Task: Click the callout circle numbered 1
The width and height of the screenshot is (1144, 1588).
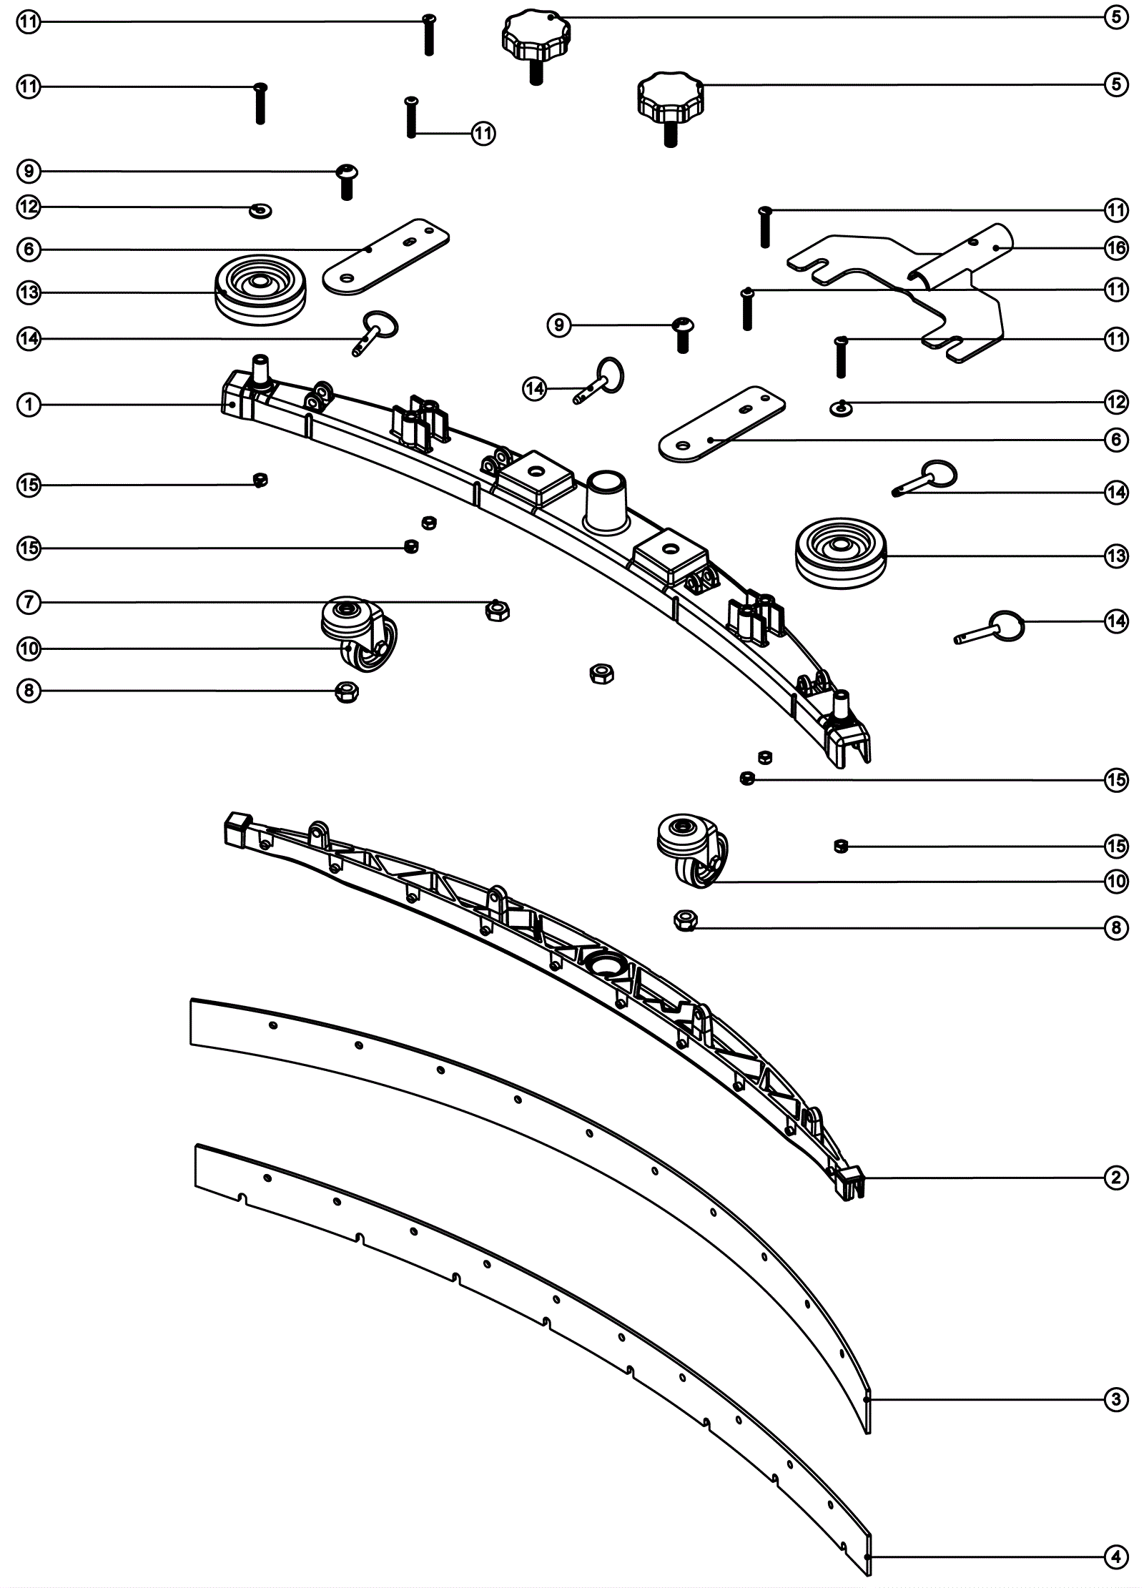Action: click(x=29, y=405)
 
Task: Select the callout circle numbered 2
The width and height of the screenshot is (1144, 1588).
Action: click(x=1116, y=1178)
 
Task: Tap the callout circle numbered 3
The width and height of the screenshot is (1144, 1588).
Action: click(x=1116, y=1400)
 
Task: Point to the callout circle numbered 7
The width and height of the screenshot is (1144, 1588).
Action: click(x=29, y=602)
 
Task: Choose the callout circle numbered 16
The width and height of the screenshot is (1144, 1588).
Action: click(x=1116, y=248)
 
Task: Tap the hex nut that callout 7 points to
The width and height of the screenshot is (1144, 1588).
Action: click(x=496, y=610)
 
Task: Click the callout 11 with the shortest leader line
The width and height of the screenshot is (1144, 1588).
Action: click(x=483, y=133)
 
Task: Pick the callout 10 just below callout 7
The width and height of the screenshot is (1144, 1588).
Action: click(x=29, y=648)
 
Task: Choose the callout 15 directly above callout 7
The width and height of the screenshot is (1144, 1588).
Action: click(x=29, y=548)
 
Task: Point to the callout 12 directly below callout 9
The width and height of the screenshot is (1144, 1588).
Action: click(x=29, y=207)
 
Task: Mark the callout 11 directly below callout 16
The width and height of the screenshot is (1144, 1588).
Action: click(x=1116, y=290)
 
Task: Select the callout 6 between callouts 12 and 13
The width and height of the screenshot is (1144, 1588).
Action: click(x=29, y=249)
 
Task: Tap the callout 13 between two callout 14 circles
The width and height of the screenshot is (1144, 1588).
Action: click(x=1116, y=556)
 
